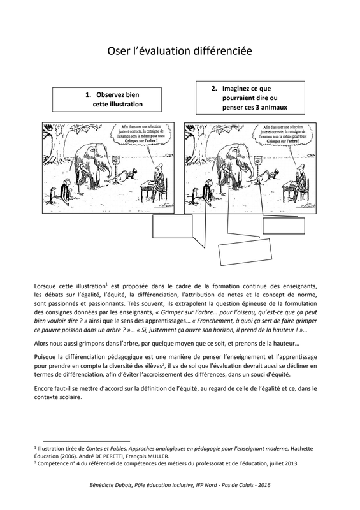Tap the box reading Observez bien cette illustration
[x=107, y=99]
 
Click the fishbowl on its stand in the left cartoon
[x=115, y=166]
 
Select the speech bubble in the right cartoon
[x=281, y=135]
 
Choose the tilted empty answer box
[x=245, y=252]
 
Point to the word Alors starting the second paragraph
[x=41, y=344]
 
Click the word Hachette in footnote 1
[x=302, y=449]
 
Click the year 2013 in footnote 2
[x=291, y=463]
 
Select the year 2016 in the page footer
[x=264, y=485]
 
